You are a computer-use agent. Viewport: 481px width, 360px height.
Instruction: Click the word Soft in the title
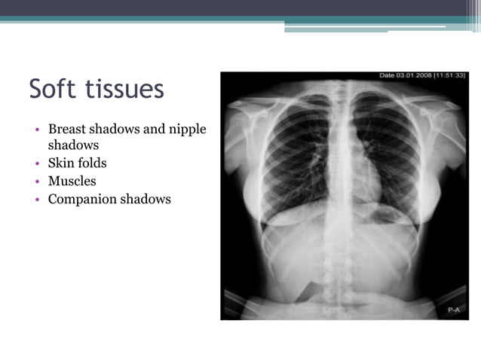pos(54,89)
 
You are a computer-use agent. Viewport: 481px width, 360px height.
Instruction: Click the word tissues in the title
pos(124,89)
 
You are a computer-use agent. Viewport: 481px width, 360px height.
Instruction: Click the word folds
pos(93,163)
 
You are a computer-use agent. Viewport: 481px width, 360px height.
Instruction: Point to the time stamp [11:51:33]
pos(451,76)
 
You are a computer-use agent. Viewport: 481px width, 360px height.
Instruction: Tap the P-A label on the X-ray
pos(452,310)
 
